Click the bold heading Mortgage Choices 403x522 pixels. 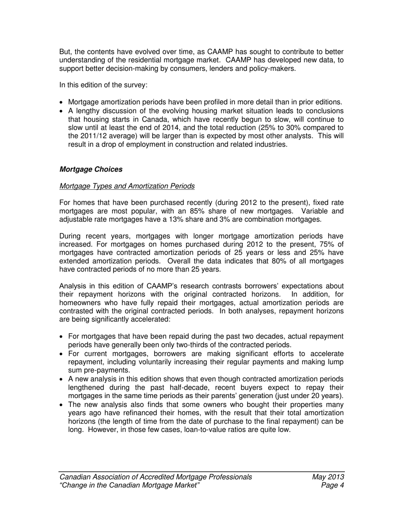click(x=91, y=169)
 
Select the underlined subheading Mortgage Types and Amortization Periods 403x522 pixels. click(x=127, y=186)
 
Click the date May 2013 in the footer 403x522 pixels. click(x=327, y=477)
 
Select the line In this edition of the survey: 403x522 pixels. click(x=103, y=85)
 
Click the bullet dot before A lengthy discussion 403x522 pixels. click(x=62, y=111)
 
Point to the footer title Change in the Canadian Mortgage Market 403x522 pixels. click(x=129, y=486)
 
